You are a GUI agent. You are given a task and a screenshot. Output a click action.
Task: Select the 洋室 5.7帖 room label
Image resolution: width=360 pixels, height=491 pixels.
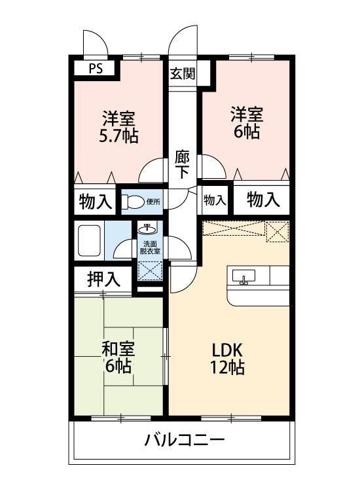[x=118, y=127]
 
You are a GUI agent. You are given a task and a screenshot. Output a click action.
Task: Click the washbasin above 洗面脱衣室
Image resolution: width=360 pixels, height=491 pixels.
[x=149, y=230]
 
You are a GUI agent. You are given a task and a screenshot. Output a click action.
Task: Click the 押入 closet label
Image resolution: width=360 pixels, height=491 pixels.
[x=103, y=280]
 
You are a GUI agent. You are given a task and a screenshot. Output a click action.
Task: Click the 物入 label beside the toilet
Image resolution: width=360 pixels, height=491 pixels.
[x=95, y=200]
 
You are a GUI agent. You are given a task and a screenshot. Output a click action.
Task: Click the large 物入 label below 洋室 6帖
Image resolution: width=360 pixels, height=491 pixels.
[x=263, y=200]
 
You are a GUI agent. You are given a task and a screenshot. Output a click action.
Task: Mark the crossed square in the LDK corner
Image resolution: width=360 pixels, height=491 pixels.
[x=278, y=230]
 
